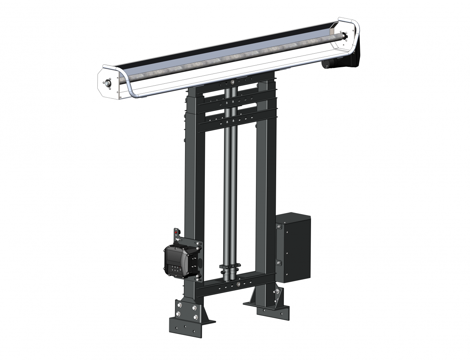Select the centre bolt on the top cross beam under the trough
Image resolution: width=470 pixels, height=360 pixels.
click(x=232, y=82)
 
